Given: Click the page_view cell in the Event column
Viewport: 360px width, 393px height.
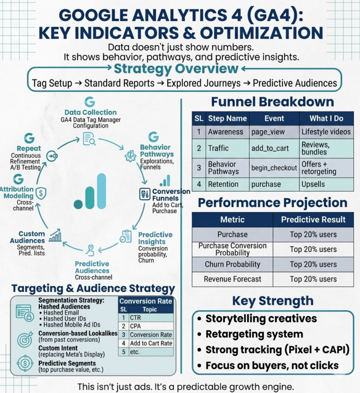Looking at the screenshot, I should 268,132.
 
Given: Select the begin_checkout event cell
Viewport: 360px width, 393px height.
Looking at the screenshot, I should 274,168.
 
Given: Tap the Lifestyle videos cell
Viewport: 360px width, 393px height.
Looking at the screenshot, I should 326,132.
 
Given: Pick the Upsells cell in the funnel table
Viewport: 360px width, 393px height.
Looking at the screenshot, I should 313,185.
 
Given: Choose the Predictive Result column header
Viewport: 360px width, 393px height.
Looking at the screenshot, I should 313,219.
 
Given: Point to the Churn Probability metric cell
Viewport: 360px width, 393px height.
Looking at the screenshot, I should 232,264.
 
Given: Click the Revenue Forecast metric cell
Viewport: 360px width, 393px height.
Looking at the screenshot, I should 232,279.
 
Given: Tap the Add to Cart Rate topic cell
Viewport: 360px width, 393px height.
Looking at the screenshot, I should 150,343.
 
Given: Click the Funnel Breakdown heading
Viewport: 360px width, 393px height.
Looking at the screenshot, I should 272,102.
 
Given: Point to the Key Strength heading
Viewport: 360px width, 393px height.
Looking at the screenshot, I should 272,300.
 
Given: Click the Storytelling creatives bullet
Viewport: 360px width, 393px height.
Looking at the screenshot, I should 261,319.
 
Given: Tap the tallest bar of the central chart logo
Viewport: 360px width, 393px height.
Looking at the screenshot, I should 102,191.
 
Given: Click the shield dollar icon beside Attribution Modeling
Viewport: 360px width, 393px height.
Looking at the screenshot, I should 41,193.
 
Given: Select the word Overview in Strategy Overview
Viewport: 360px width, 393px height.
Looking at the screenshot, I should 209,69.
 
